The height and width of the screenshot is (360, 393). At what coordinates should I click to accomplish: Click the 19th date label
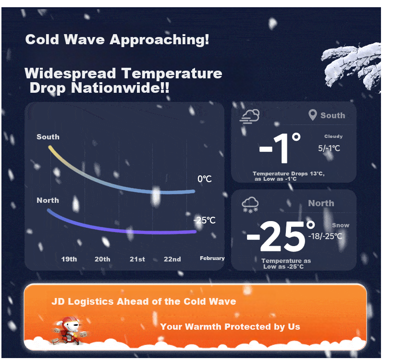[69, 259]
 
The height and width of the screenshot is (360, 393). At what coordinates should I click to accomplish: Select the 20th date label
[102, 259]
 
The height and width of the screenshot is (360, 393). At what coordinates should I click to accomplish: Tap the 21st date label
[137, 259]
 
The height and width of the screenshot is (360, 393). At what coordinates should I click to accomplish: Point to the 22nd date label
[172, 259]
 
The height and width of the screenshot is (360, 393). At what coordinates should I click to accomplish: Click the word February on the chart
[212, 258]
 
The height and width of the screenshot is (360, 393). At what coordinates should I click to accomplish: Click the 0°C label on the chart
[205, 179]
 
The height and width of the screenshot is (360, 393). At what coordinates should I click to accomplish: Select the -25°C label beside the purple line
[205, 220]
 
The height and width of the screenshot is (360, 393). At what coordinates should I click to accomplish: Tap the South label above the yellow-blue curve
[48, 137]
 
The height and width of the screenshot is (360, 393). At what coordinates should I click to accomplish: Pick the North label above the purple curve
[48, 200]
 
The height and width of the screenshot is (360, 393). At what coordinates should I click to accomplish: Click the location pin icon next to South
[313, 115]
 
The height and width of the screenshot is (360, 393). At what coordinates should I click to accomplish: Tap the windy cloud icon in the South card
[249, 116]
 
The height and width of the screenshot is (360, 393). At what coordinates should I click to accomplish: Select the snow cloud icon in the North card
[250, 205]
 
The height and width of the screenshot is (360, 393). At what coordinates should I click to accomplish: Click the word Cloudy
[333, 137]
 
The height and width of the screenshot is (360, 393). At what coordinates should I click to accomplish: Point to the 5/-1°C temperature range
[329, 148]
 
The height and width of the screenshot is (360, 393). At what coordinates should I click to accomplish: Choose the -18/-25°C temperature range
[325, 236]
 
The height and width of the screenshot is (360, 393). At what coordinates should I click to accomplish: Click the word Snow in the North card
[341, 225]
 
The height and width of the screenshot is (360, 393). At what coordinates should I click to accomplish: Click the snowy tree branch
[352, 66]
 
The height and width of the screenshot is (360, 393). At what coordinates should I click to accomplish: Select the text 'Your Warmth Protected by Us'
[230, 327]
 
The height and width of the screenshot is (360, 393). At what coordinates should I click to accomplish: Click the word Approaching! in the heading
[159, 40]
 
